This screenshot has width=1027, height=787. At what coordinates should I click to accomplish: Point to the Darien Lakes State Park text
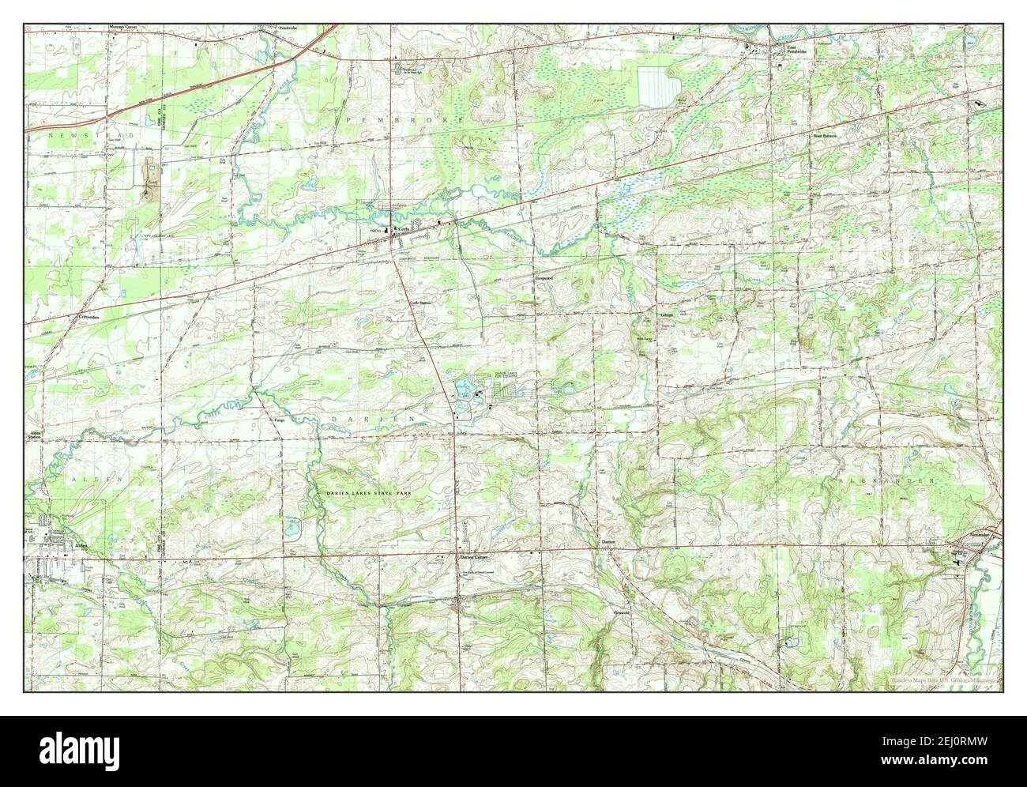click(370, 493)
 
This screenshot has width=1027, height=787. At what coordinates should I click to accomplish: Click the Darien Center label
click(476, 556)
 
